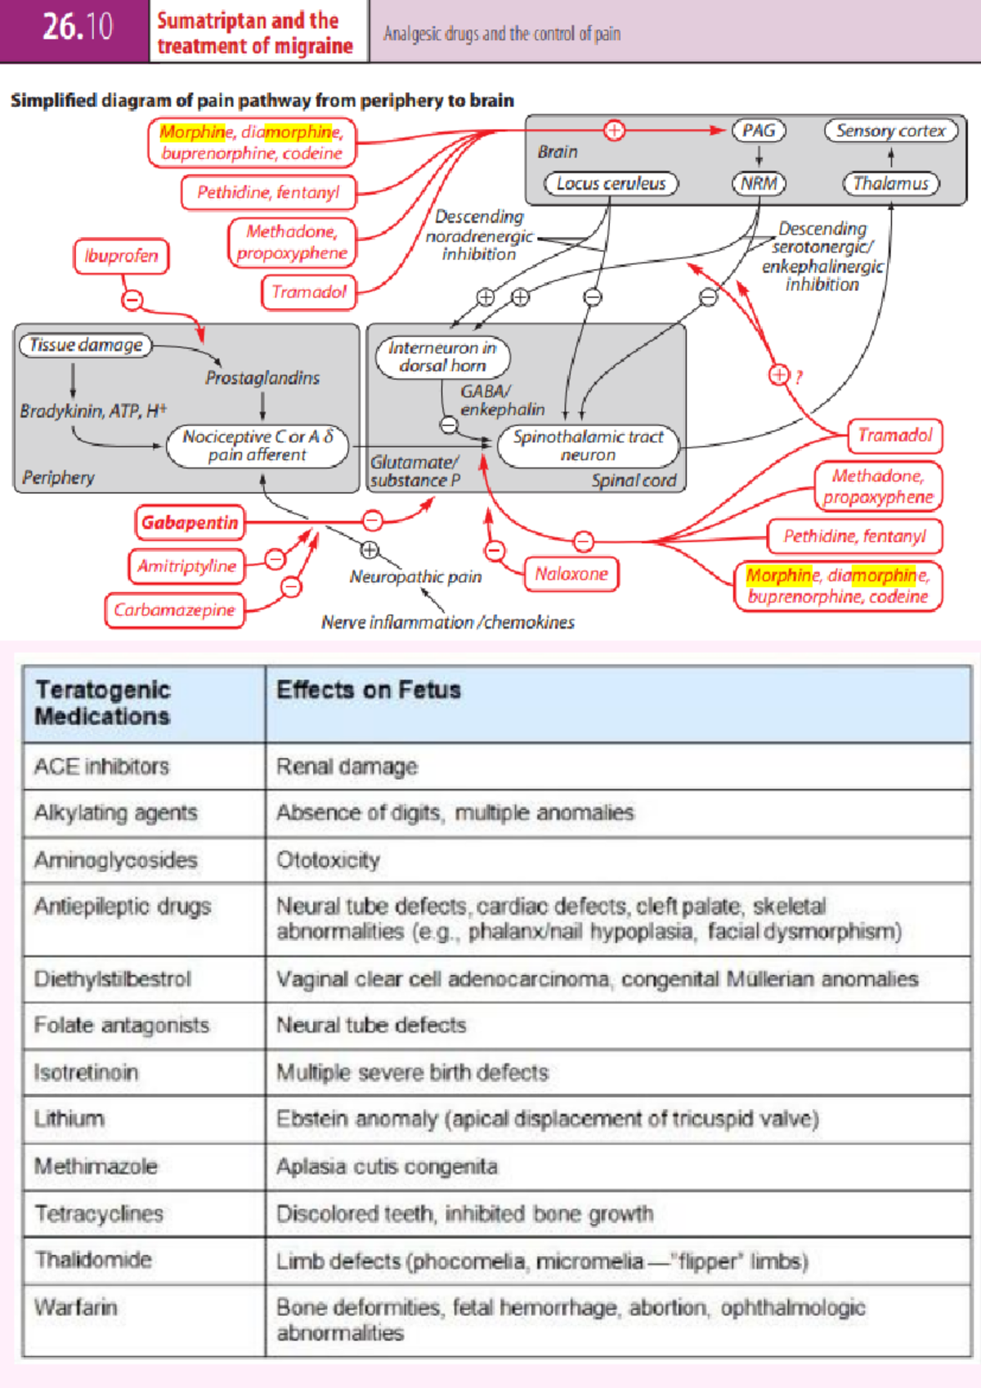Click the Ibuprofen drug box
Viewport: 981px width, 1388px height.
pos(121,256)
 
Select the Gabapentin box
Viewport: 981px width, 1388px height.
pos(190,522)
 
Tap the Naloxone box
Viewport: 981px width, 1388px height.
pos(571,574)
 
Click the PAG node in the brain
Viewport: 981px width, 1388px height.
pos(759,131)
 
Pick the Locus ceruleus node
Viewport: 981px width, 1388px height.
pos(611,183)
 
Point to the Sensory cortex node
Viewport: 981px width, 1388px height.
pos(890,131)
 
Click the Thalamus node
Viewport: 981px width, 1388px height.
pos(890,183)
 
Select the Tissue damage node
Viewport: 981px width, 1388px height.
pos(86,345)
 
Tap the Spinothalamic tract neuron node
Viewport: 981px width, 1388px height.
pos(588,446)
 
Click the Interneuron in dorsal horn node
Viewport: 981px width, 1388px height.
pos(442,356)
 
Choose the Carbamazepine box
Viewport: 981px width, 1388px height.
pos(174,610)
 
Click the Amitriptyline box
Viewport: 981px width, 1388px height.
pos(186,566)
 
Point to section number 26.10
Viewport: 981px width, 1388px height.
pos(78,27)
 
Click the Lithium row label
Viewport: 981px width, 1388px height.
pos(69,1118)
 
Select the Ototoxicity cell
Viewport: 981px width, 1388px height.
pos(328,860)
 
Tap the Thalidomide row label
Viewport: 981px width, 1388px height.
pos(92,1260)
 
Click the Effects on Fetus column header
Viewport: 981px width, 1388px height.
pos(369,690)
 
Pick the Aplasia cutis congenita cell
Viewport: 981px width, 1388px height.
pos(387,1166)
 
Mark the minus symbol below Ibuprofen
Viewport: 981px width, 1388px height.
pos(132,300)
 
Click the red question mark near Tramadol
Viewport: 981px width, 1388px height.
pos(799,377)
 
